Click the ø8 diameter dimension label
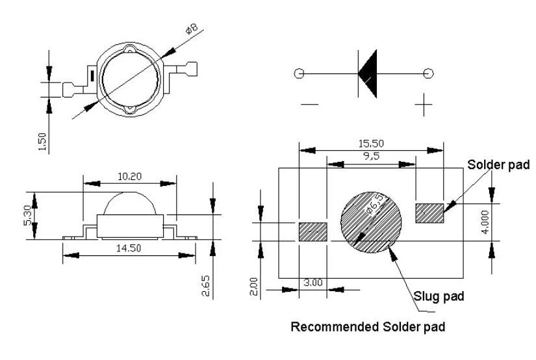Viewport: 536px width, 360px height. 192,29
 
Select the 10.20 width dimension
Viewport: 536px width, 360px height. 129,176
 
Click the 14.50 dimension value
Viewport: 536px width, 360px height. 129,248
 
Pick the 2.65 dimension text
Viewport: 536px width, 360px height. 206,285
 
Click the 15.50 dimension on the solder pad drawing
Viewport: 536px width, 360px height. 371,143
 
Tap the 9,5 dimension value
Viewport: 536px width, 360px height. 372,156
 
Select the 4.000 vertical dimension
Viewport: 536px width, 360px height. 485,222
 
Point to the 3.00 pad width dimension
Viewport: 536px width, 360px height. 313,283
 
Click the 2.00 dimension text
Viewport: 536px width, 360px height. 253,286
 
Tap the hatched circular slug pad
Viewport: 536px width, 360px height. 371,222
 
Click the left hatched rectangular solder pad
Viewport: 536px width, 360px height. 313,232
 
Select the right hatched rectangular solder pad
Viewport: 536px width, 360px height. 429,213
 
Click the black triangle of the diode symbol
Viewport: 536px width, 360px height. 368,73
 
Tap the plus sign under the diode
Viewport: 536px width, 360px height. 424,104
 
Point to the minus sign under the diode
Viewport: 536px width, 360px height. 310,104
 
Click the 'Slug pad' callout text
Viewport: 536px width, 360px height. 439,296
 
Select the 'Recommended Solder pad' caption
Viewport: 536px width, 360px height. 368,327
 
